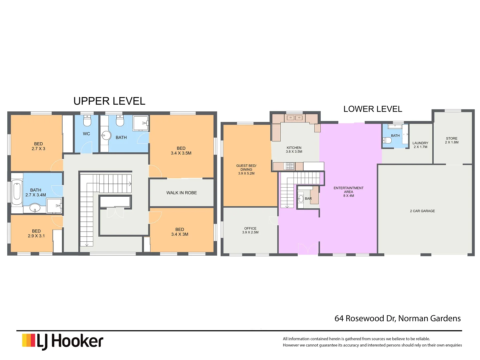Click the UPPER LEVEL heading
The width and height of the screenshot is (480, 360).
pos(109,101)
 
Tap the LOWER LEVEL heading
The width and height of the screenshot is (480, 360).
pos(373,109)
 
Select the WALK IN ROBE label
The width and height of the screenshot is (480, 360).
pos(181,193)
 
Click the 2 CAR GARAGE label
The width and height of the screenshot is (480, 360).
pos(422,211)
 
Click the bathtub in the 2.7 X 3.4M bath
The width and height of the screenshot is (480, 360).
pos(17,192)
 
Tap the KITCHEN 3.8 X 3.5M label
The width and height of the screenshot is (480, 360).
pos(294,150)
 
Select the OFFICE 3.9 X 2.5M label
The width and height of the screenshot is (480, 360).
pos(250,230)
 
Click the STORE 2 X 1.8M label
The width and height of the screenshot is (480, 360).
pos(452,140)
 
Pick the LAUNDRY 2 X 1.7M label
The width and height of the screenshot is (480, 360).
pos(420,145)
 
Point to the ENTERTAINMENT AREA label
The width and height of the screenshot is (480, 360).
pos(349,192)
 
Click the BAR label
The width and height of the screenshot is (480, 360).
pos(308,199)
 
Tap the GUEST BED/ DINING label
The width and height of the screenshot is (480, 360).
pos(246,169)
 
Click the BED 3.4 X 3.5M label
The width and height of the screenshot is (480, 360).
pos(181,151)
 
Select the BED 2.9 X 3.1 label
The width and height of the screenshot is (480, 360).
pos(36,233)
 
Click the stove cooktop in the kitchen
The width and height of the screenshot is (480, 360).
pos(289,166)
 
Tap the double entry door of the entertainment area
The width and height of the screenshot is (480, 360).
pos(308,249)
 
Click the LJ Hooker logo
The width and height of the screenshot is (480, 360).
pos(63,341)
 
